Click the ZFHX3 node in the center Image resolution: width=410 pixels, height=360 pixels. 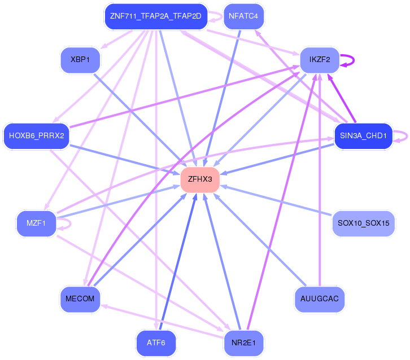200,180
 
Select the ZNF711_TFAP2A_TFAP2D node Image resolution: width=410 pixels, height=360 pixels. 156,16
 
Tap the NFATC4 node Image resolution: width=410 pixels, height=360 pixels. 243,16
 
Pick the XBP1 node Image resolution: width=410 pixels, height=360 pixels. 80,60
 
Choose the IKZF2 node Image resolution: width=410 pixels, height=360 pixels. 320,60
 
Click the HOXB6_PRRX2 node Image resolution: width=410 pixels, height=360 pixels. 36,136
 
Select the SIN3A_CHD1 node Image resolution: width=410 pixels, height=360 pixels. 364,136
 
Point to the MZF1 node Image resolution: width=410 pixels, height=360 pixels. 36,223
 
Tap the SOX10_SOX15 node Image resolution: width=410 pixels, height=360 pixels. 364,223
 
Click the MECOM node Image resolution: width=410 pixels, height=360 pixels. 80,299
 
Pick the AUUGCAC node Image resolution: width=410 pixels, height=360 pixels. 320,299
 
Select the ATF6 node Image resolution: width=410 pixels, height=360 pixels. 156,343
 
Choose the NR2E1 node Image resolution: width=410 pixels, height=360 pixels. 243,343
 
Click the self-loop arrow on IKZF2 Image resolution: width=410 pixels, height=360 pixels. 354,60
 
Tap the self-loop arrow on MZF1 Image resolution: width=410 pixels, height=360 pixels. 71,224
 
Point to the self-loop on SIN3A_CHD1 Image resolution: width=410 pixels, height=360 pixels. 407,137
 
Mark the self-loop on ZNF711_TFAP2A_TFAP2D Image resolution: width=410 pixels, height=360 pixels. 222,17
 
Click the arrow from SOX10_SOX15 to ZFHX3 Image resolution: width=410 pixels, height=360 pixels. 276,200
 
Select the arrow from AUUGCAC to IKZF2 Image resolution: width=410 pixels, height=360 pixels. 320,180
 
